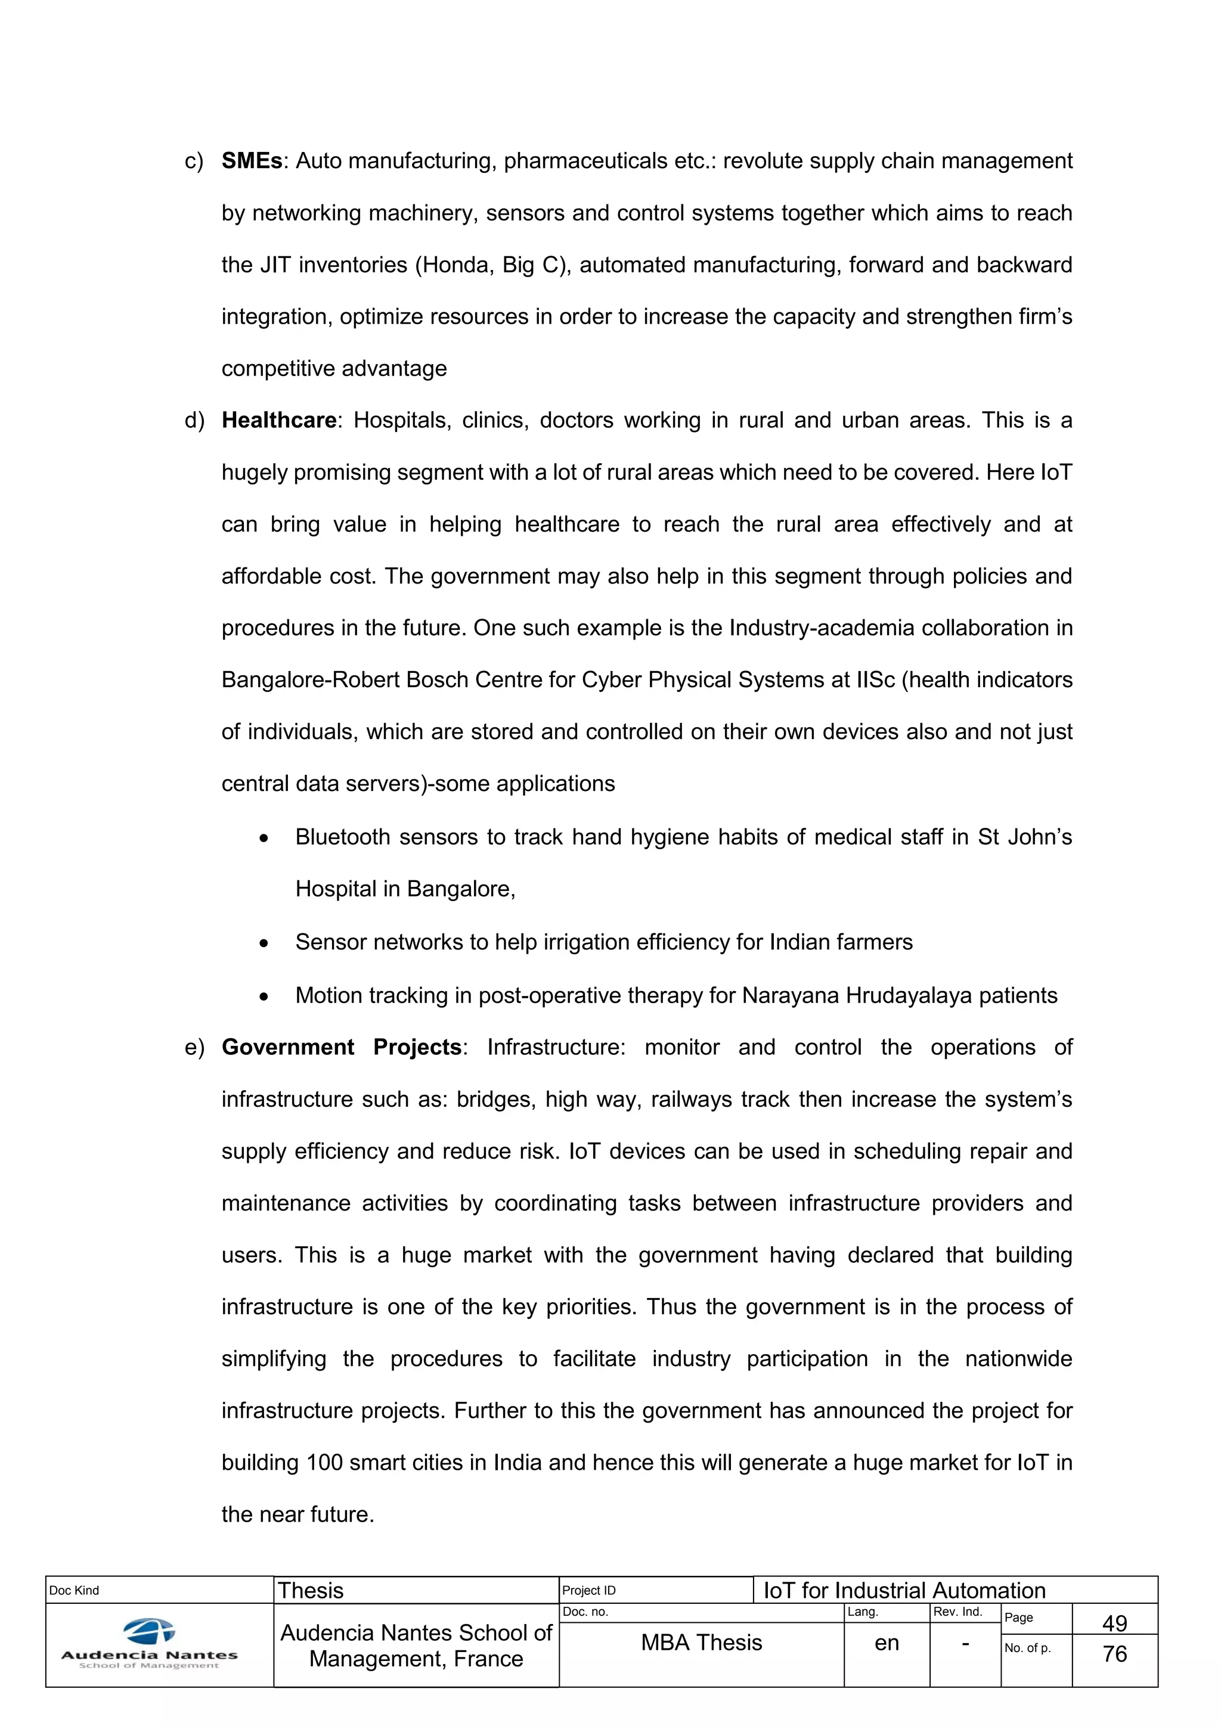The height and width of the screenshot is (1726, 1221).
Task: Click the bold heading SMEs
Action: [252, 161]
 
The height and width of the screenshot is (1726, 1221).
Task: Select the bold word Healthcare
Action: [279, 420]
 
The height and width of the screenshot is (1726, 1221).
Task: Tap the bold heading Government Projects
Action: [342, 1047]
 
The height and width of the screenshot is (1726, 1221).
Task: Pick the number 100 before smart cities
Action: [324, 1462]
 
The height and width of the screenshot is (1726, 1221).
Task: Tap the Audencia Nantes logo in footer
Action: [150, 1643]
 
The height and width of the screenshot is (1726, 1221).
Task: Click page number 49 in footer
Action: [1114, 1623]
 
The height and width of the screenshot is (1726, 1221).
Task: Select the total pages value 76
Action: [1114, 1654]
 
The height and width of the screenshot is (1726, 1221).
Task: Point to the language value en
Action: [887, 1643]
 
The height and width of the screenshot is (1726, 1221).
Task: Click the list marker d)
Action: [194, 420]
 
